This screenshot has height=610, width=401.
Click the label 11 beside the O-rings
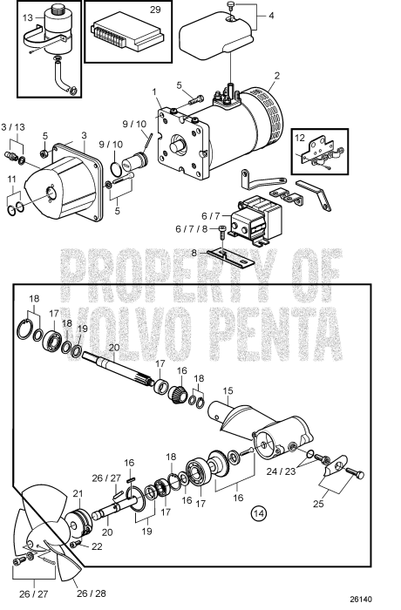(x=12, y=179)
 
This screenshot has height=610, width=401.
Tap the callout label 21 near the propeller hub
(x=76, y=494)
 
